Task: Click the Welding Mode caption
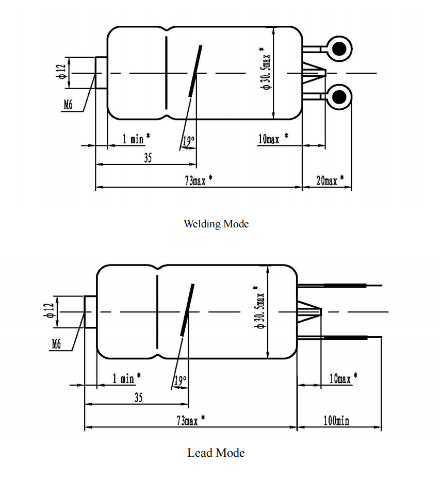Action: (x=216, y=224)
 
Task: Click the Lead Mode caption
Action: (x=216, y=453)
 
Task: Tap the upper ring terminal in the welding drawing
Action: (x=339, y=48)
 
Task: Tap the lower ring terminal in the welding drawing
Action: (x=339, y=97)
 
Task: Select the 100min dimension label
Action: (x=336, y=421)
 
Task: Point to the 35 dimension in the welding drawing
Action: (x=148, y=158)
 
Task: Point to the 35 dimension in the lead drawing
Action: (x=139, y=398)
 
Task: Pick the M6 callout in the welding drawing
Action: (x=68, y=104)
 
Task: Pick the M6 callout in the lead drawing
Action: (x=56, y=344)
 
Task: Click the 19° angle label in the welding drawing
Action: (x=189, y=141)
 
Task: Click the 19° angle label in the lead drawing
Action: (x=181, y=380)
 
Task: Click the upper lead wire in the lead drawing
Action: (x=340, y=286)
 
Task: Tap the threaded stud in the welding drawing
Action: (x=101, y=73)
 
